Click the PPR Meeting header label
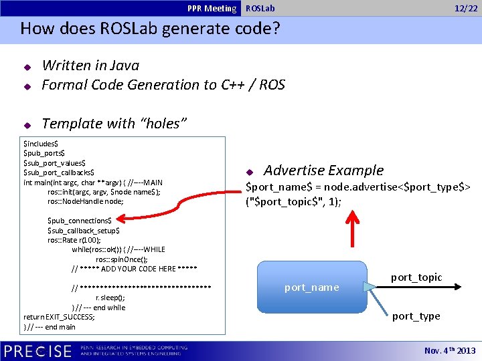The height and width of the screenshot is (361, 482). [x=212, y=8]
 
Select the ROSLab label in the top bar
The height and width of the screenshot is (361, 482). [x=260, y=8]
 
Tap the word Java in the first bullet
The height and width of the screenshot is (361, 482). [x=125, y=66]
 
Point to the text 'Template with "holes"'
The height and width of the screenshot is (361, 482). [x=114, y=123]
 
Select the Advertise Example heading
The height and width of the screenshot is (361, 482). [x=323, y=170]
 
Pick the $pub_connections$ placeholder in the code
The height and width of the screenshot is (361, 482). [x=79, y=221]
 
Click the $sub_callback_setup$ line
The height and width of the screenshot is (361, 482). [x=84, y=230]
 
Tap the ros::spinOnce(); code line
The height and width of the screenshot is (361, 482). [x=121, y=259]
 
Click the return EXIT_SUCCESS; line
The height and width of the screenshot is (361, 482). [x=59, y=317]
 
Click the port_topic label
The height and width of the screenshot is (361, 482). [x=416, y=277]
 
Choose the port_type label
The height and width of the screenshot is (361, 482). [x=416, y=316]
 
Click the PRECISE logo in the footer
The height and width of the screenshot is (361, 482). [x=38, y=351]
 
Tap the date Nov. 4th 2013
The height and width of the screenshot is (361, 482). [x=450, y=350]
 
